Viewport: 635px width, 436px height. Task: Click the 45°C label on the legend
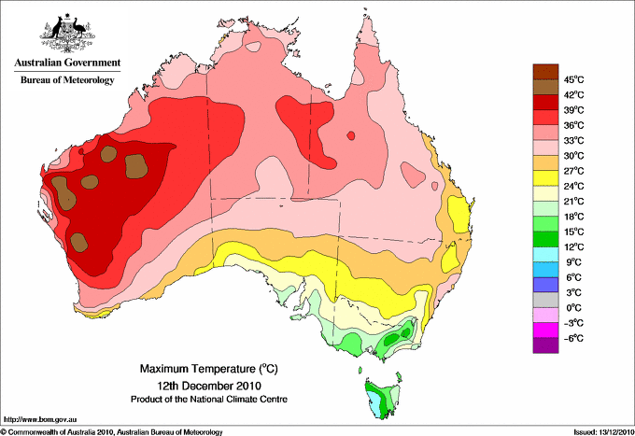(x=574, y=79)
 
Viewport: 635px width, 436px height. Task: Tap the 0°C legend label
(x=574, y=308)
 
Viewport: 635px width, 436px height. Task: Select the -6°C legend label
(x=574, y=338)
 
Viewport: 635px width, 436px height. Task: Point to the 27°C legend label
(x=574, y=171)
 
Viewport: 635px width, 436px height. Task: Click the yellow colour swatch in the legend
(x=545, y=178)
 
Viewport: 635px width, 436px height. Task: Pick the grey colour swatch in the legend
(x=545, y=300)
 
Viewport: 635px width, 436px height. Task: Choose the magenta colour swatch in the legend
(x=545, y=331)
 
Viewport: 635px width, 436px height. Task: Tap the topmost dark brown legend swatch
(x=545, y=72)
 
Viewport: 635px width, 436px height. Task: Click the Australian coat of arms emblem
(x=67, y=33)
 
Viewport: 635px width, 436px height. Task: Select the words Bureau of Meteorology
(x=67, y=79)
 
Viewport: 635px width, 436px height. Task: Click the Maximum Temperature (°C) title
(x=209, y=369)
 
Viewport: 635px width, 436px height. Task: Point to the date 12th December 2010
(x=209, y=386)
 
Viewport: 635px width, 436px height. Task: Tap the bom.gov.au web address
(x=40, y=420)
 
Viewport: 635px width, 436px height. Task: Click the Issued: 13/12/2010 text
(x=604, y=432)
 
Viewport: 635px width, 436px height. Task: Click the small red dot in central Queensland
(x=351, y=135)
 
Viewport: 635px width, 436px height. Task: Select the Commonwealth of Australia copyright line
(x=112, y=432)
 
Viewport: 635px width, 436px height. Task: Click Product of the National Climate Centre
(x=209, y=400)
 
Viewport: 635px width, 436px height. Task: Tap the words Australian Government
(x=67, y=63)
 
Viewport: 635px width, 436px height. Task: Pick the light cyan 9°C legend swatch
(x=545, y=254)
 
